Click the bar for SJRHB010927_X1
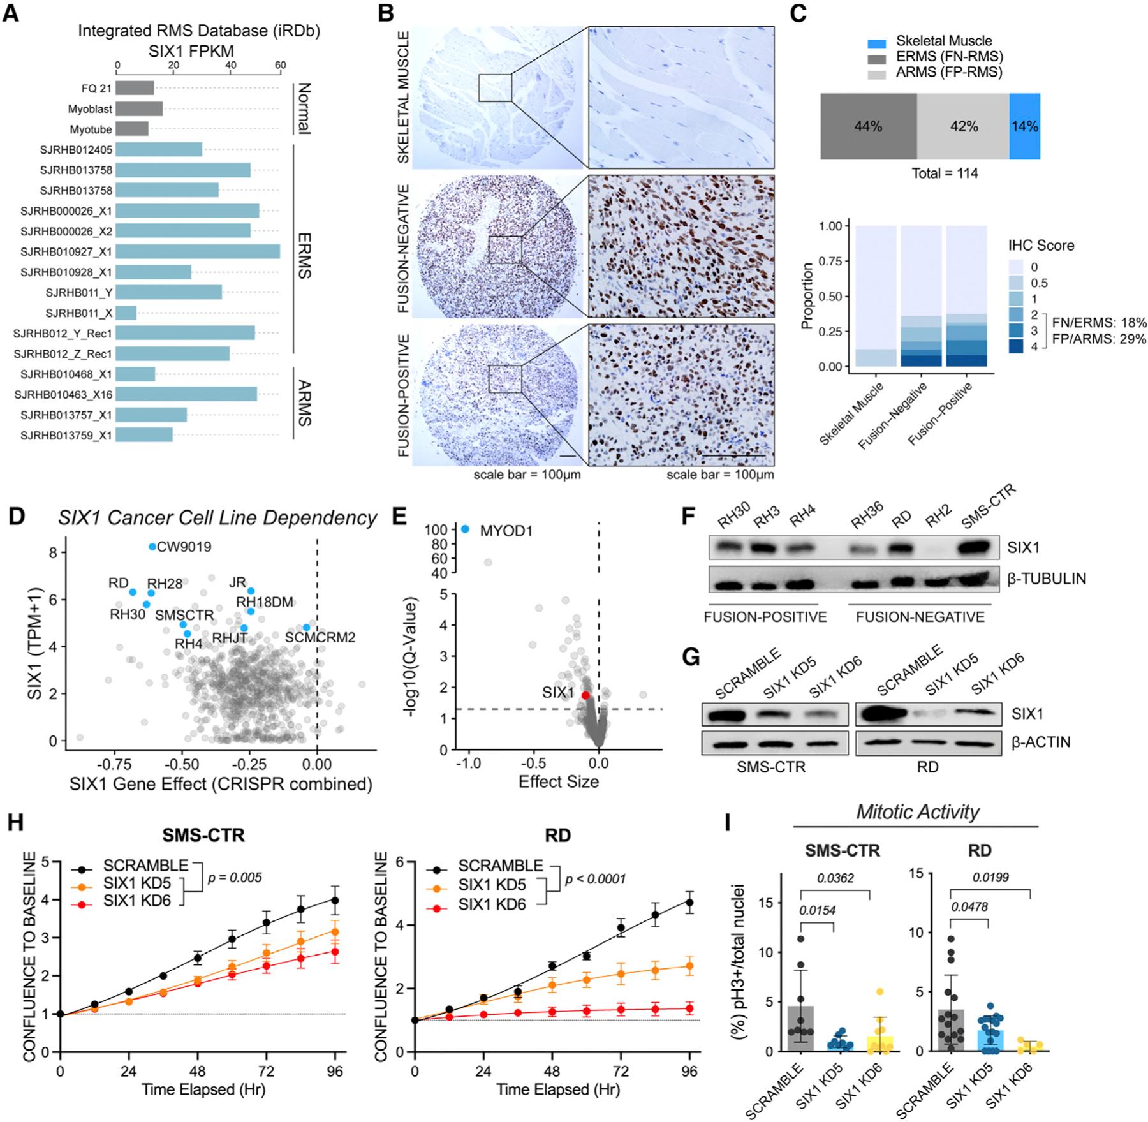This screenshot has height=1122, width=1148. click(x=198, y=251)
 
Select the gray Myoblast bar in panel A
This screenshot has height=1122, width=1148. click(x=139, y=109)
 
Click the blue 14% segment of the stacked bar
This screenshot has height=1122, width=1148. click(x=1024, y=126)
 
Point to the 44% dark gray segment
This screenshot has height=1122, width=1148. click(x=868, y=126)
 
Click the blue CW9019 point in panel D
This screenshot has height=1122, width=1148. click(x=152, y=547)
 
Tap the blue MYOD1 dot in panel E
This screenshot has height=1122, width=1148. click(x=465, y=529)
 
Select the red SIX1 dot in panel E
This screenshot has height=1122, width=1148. click(x=585, y=695)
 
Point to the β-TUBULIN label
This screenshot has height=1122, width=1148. click(x=1047, y=579)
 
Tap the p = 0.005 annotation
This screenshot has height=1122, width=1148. click(x=235, y=878)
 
